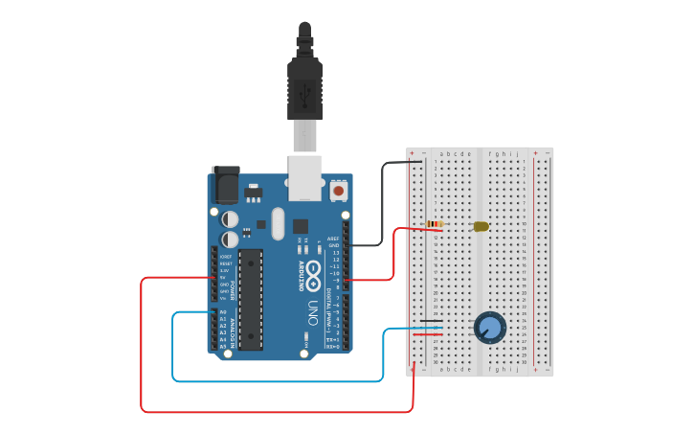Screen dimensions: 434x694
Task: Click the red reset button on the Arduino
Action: (338, 192)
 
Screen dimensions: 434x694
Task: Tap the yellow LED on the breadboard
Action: (481, 227)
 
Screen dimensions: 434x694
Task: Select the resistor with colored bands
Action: (435, 224)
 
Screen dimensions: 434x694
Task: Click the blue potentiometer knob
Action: (490, 328)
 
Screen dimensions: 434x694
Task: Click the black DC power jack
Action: (225, 184)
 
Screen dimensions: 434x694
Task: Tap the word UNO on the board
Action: (313, 313)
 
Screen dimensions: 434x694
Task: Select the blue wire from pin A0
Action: (173, 354)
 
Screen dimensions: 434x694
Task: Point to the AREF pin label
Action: (333, 239)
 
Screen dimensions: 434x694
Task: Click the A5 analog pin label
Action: (223, 346)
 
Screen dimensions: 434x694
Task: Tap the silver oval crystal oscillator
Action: (278, 224)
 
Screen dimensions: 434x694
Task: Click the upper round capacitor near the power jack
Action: (231, 219)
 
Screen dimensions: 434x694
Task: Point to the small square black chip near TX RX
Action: (301, 227)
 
